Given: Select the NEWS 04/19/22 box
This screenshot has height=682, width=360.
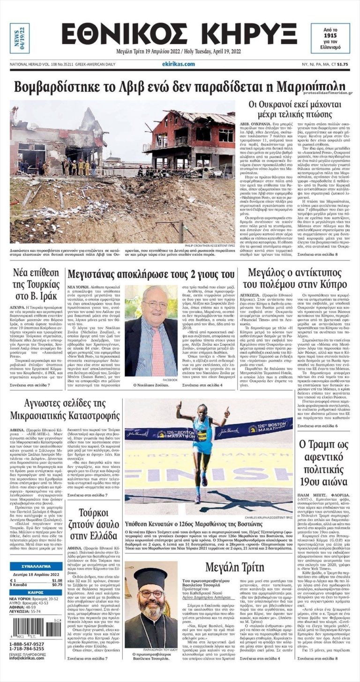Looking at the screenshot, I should point(19,38).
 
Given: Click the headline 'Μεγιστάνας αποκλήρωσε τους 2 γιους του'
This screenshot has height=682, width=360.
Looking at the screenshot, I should point(150,274).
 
